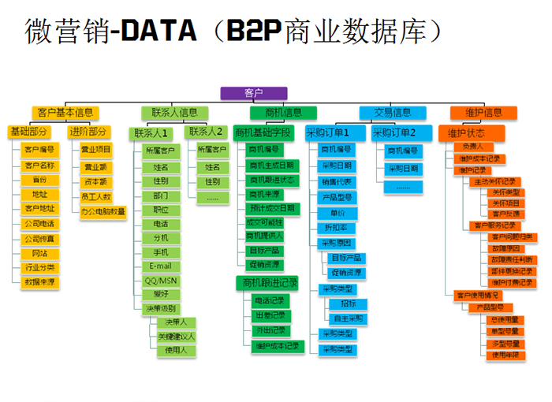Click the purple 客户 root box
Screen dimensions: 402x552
pos(253,93)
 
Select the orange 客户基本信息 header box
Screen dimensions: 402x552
pos(66,113)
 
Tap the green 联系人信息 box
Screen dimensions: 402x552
pos(174,113)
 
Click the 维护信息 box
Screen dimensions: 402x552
pos(483,113)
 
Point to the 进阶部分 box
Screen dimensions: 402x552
pos(88,132)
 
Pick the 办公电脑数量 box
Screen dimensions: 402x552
pos(103,211)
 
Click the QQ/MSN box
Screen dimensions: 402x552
pos(162,280)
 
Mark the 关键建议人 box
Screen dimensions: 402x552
pos(176,336)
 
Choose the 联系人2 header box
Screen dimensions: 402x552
pos(207,132)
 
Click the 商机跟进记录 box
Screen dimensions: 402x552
pos(266,281)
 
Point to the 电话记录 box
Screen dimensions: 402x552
pos(269,301)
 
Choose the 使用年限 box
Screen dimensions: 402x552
pos(505,355)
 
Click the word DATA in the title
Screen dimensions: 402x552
pos(157,31)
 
